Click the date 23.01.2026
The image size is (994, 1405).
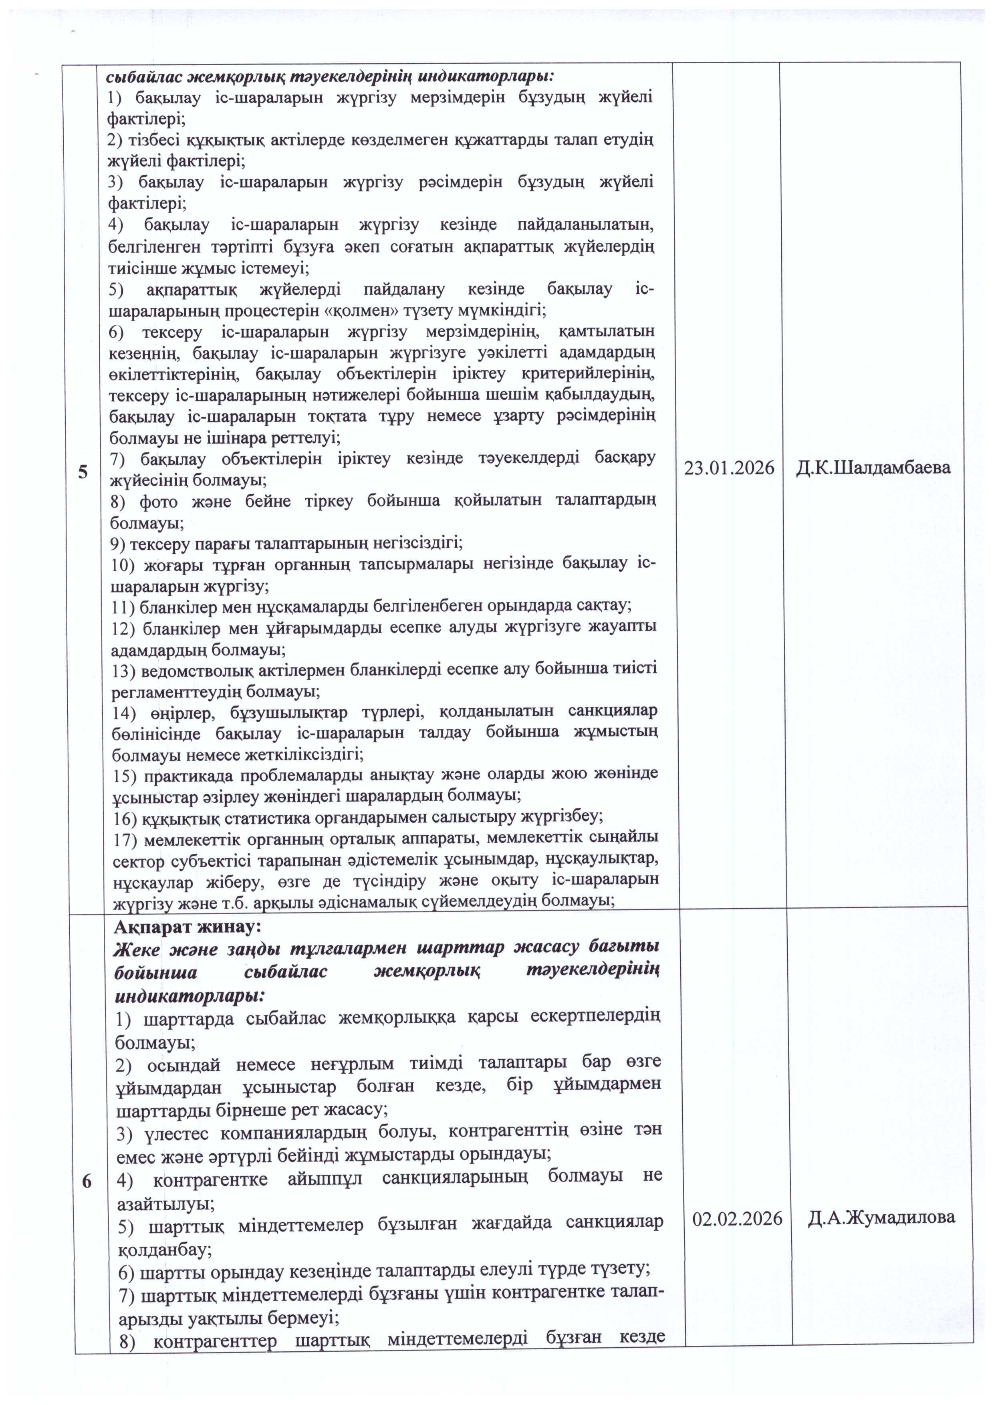pos(728,468)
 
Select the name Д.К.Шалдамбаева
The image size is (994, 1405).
pos(873,468)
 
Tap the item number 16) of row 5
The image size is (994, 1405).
pos(125,818)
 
